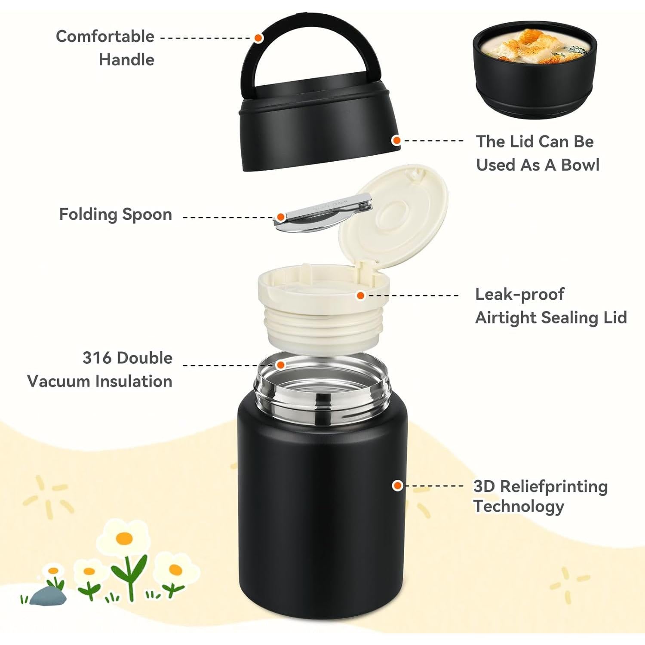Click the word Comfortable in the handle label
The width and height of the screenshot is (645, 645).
click(x=105, y=37)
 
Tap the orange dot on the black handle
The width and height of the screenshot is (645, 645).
click(x=258, y=38)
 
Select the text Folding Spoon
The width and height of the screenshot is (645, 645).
click(x=115, y=214)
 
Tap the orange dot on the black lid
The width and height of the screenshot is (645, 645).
click(x=396, y=140)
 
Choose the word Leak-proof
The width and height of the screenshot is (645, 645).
click(x=519, y=294)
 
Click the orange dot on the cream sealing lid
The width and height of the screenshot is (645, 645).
click(x=361, y=295)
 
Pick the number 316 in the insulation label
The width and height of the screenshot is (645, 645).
click(x=97, y=358)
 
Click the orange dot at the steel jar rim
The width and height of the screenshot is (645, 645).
click(x=280, y=365)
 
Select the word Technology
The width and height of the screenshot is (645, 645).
click(x=519, y=506)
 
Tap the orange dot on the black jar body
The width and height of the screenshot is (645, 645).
click(x=398, y=485)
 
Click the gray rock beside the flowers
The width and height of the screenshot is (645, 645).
click(x=48, y=596)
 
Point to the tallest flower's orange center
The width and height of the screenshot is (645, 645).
click(x=124, y=538)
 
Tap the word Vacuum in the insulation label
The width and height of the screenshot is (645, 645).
click(x=58, y=381)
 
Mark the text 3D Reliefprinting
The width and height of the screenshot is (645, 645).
click(x=540, y=486)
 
